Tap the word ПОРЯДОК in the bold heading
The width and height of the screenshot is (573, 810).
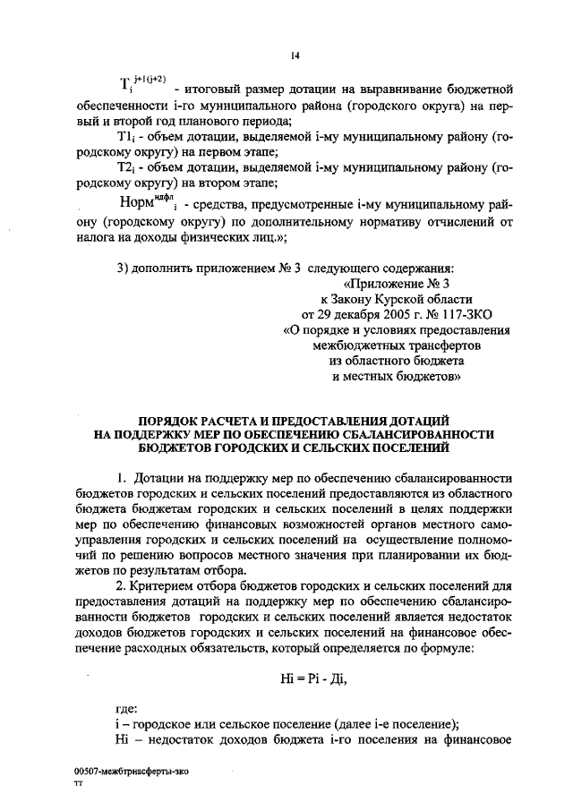coord(170,421)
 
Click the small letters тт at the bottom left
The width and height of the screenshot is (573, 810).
coord(78,783)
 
